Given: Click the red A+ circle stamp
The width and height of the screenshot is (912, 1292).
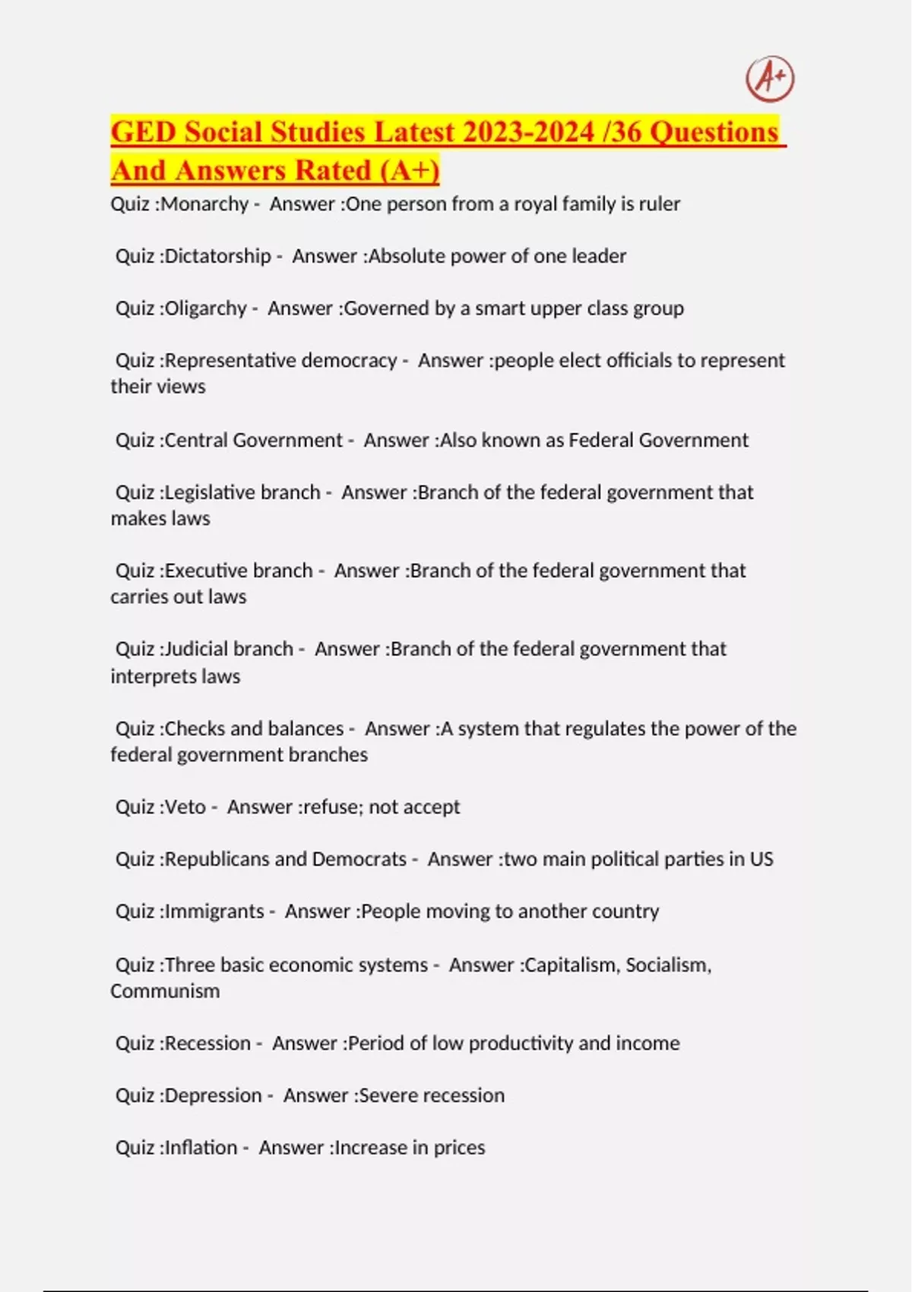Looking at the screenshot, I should tap(770, 78).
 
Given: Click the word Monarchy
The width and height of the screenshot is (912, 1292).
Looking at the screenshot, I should tap(204, 204).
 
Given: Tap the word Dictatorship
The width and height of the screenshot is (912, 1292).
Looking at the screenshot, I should tap(217, 256).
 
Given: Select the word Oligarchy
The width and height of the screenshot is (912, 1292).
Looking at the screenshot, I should tap(205, 309).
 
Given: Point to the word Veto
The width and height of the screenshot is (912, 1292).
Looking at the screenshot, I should tap(185, 807).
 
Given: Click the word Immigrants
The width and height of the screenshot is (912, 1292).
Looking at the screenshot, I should tap(214, 911).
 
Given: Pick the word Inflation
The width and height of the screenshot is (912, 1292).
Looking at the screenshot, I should tap(201, 1148).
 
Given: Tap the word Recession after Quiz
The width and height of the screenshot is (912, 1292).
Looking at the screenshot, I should tap(207, 1043).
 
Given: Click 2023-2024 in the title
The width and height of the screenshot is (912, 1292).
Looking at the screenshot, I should tap(528, 132).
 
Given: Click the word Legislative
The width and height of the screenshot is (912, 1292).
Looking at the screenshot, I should tap(204, 492).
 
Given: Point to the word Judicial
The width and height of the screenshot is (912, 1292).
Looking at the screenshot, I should tap(191, 649).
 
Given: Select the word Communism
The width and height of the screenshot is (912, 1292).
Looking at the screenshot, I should tap(165, 991).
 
